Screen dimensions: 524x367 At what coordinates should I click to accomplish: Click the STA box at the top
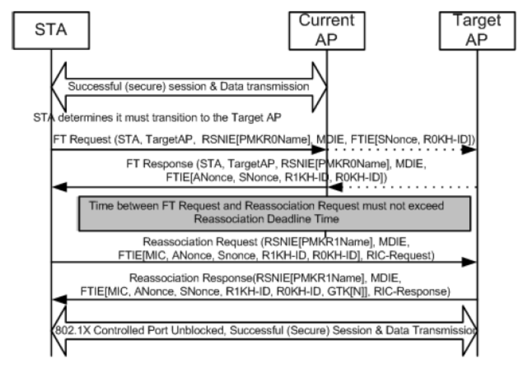point(51,30)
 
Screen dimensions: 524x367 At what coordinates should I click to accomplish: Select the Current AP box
point(326,31)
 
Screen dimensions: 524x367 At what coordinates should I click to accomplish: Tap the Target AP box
point(477,31)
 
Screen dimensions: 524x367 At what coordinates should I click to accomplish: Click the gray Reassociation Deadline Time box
point(274,213)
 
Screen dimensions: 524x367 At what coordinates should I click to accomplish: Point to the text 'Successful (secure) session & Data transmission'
point(188,86)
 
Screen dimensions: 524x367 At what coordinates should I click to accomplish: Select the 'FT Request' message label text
point(82,139)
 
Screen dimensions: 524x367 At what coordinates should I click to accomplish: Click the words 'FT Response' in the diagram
point(160,164)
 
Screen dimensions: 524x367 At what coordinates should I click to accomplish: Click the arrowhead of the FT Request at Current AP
point(318,150)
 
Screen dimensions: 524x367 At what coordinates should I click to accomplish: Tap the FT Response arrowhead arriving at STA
point(59,187)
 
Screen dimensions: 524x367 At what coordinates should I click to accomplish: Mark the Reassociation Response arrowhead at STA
point(59,300)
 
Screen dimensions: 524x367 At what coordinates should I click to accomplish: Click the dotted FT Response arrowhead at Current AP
point(335,188)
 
